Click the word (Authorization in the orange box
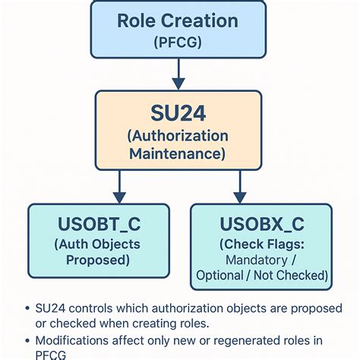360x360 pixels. (178, 136)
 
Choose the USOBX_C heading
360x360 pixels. (262, 225)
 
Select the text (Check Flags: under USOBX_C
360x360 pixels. (262, 245)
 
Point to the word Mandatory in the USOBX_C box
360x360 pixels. (254, 260)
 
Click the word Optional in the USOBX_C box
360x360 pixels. (220, 275)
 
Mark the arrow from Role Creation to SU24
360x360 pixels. (177, 74)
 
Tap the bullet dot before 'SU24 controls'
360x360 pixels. (28, 308)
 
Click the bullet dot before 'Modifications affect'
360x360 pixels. (28, 340)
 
